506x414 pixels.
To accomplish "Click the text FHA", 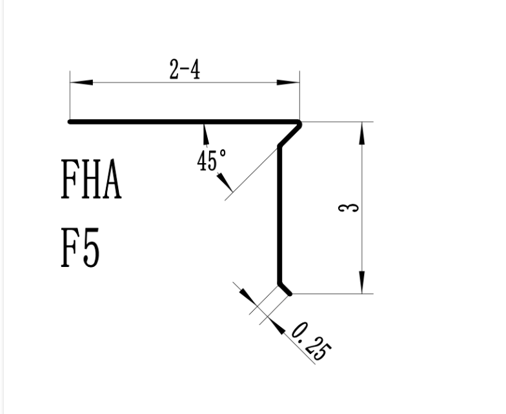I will point(91,181).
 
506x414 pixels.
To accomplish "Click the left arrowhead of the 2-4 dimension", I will point(81,83).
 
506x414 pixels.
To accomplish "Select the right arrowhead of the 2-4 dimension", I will point(288,83).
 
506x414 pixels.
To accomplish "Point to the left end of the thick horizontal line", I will point(70,121).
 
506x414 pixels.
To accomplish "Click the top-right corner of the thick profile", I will point(299,122).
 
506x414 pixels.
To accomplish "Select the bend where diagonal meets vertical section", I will point(280,147).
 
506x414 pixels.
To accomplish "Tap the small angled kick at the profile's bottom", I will point(285,289).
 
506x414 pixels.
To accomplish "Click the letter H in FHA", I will point(91,181).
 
